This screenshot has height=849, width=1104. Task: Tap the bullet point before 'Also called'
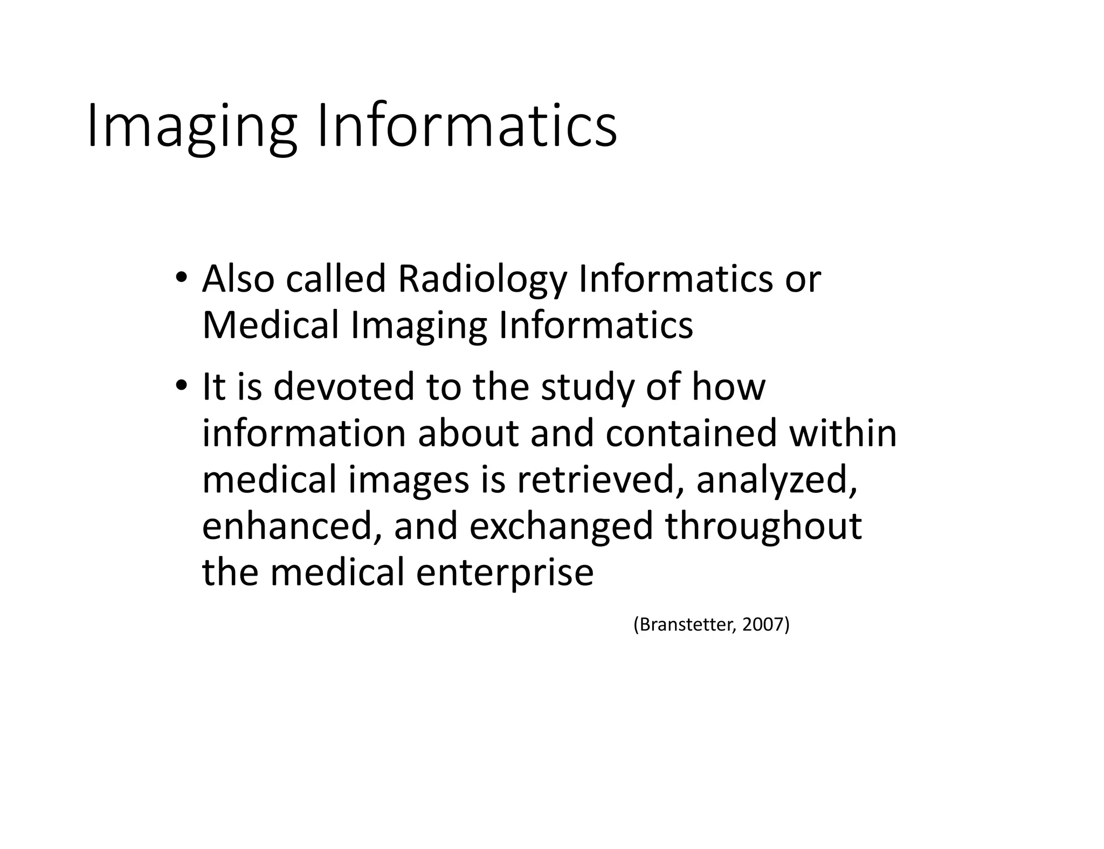click(181, 278)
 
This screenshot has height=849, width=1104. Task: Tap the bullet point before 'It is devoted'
click(181, 386)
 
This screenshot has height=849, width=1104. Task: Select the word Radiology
click(482, 280)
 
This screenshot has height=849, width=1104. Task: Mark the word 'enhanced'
click(288, 527)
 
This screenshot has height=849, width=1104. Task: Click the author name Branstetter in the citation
click(686, 625)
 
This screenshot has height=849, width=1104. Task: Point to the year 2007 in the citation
click(763, 625)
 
